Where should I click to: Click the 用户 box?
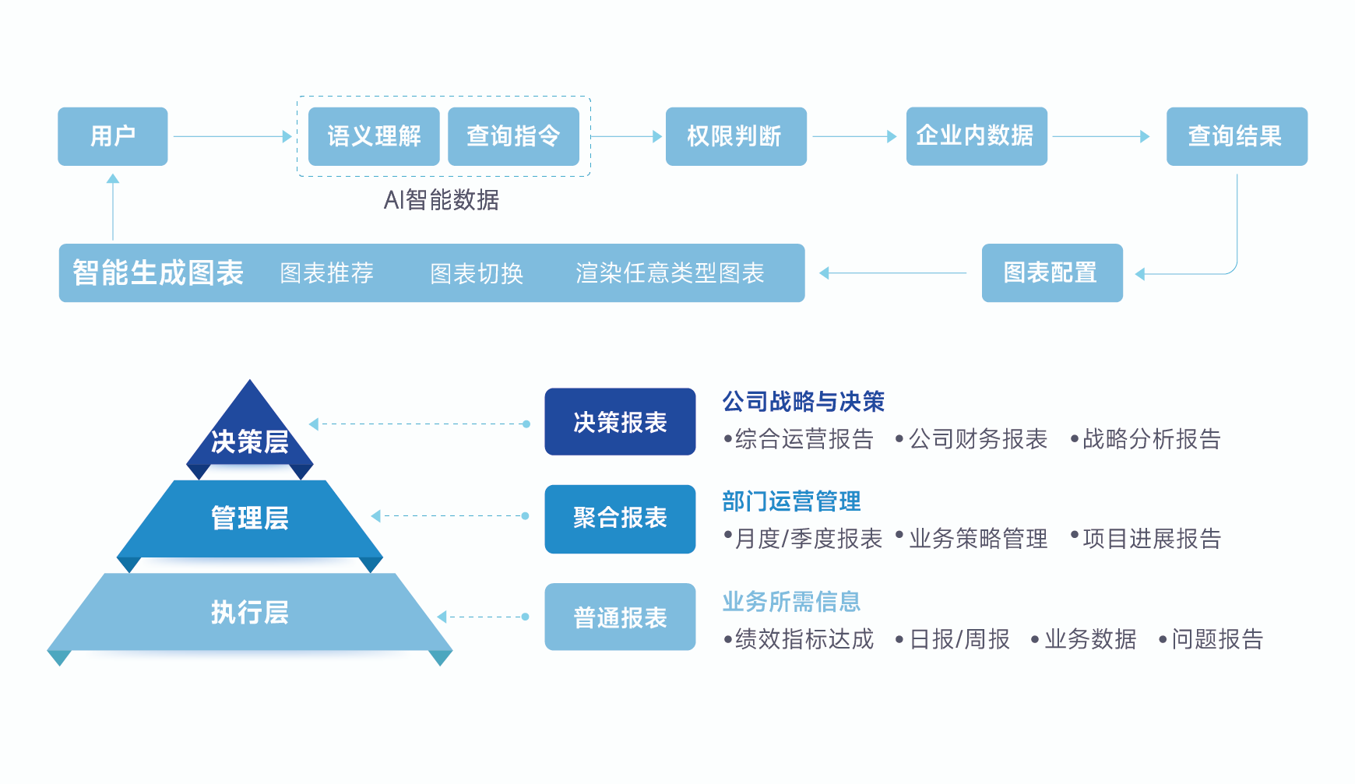pyautogui.click(x=113, y=136)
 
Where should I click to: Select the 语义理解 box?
pyautogui.click(x=374, y=136)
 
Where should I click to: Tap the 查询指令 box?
pyautogui.click(x=513, y=136)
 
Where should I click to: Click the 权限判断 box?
pyautogui.click(x=735, y=136)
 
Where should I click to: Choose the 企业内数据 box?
pyautogui.click(x=976, y=136)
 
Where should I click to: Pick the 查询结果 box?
pyautogui.click(x=1236, y=136)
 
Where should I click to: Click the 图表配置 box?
pyautogui.click(x=1051, y=272)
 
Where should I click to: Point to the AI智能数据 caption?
pyautogui.click(x=441, y=200)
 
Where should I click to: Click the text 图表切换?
pyautogui.click(x=476, y=273)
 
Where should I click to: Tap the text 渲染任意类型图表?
pyautogui.click(x=670, y=273)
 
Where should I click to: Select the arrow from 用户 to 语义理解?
pyautogui.click(x=232, y=136)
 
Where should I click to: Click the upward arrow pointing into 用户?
pyautogui.click(x=113, y=206)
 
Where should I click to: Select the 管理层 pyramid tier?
pyautogui.click(x=249, y=518)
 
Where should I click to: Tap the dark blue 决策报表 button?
pyautogui.click(x=620, y=422)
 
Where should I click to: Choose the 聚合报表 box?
pyautogui.click(x=620, y=519)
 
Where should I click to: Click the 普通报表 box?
pyautogui.click(x=620, y=617)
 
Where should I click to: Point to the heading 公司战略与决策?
pyautogui.click(x=803, y=402)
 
